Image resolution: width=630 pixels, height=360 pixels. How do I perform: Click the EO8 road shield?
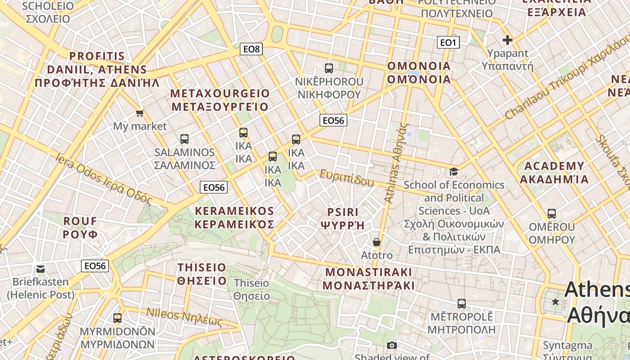[x=251, y=49]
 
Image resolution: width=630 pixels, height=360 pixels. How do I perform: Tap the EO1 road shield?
[x=448, y=42]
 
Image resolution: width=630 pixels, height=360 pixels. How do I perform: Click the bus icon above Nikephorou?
[x=329, y=68]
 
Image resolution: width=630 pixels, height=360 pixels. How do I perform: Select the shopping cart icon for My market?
[x=140, y=113]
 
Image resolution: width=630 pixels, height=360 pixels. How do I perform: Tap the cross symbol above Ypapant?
[x=508, y=40]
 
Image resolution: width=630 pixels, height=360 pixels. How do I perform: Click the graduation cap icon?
[x=454, y=171]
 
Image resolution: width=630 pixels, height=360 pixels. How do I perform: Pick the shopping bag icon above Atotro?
[x=377, y=242]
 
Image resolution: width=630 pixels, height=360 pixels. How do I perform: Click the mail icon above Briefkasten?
[x=40, y=269]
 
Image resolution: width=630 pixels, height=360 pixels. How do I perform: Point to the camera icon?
[x=392, y=345]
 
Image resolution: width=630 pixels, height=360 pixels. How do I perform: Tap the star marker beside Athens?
[x=556, y=301]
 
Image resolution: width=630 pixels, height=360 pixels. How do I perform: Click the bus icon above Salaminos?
[x=184, y=139]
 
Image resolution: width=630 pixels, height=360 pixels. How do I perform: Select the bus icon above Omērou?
[x=552, y=213]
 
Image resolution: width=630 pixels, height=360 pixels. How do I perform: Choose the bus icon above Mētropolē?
[x=461, y=303]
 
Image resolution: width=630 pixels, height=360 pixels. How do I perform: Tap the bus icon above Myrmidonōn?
[x=117, y=318]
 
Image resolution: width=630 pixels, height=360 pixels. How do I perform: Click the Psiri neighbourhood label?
[x=342, y=218]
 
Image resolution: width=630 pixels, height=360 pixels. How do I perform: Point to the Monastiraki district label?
[x=369, y=279]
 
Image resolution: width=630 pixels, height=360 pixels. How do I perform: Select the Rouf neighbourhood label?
[x=80, y=228]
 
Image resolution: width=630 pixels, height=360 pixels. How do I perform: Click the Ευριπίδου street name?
[x=346, y=178]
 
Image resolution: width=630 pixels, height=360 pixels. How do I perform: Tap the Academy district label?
[x=554, y=173]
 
